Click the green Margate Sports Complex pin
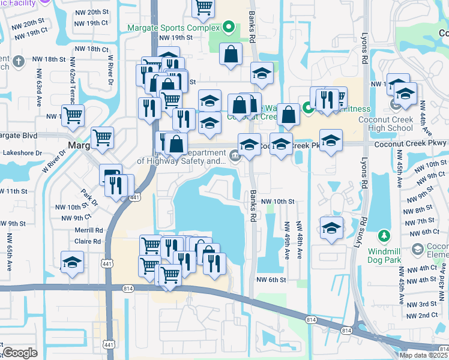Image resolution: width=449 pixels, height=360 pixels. (228, 27)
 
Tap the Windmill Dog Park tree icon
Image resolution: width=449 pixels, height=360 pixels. (385, 236)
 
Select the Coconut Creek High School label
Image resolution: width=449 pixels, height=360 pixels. (423, 122)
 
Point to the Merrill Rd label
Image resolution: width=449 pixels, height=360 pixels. (89, 230)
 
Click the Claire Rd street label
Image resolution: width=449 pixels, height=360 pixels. (89, 241)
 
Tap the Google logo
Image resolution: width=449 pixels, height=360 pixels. (20, 353)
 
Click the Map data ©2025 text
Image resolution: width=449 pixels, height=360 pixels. (424, 355)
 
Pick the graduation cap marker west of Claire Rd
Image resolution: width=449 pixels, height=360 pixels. (72, 262)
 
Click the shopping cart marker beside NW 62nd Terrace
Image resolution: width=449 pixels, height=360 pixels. (74, 115)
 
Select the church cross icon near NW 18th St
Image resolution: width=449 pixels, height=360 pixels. (19, 61)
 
